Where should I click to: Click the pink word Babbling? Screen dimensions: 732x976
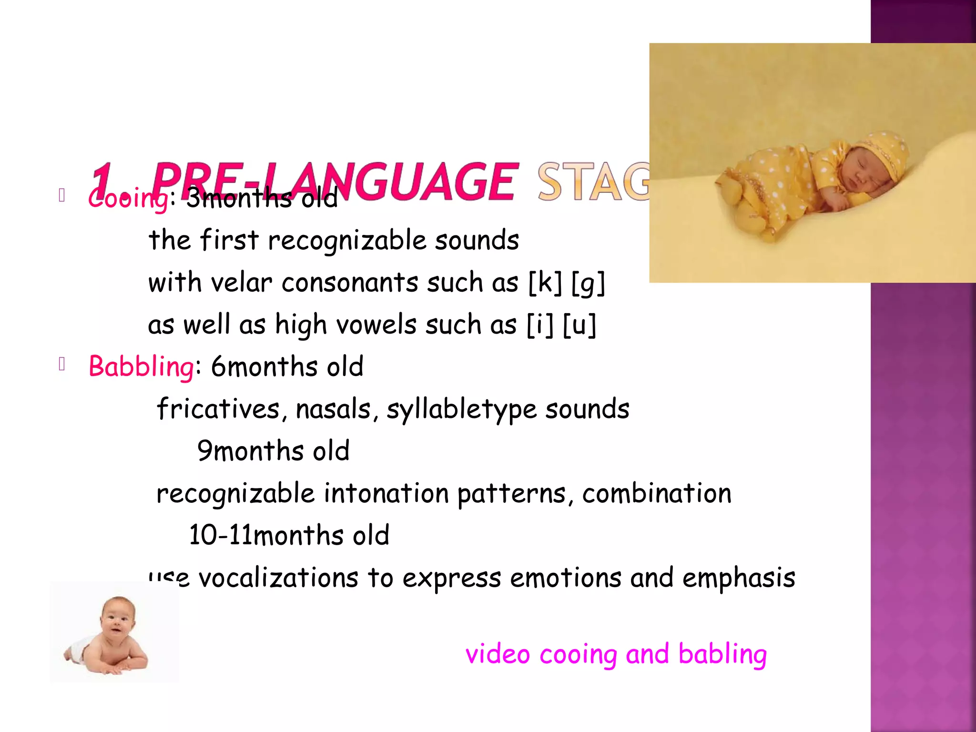tap(141, 367)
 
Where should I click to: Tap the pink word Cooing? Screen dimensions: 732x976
tap(128, 198)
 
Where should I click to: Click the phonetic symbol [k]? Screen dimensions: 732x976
tap(545, 283)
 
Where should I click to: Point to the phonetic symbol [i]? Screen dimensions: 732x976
tap(540, 325)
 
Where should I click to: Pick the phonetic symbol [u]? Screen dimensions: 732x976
tap(579, 325)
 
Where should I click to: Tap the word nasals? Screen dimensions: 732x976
tap(333, 409)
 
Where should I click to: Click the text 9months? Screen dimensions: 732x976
tap(251, 451)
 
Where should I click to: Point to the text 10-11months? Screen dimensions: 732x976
tap(266, 535)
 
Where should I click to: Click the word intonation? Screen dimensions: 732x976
tap(386, 493)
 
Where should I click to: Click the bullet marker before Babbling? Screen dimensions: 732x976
tap(61, 365)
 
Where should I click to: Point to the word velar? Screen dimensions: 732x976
tap(241, 283)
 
